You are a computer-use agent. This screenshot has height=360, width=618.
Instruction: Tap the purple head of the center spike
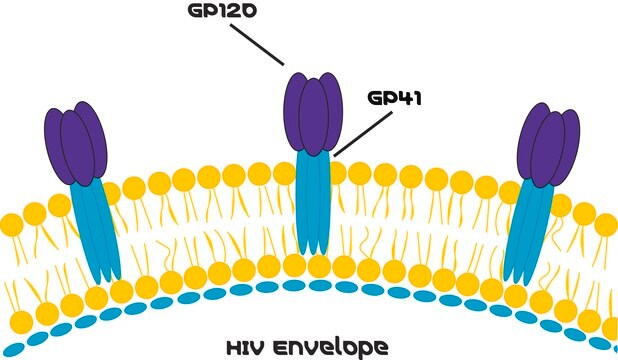click(x=312, y=110)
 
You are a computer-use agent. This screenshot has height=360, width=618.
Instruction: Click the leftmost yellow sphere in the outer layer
click(x=10, y=222)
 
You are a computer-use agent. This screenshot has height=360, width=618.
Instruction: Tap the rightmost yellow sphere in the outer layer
click(x=606, y=224)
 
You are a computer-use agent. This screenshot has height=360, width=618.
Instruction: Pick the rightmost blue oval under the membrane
click(x=606, y=349)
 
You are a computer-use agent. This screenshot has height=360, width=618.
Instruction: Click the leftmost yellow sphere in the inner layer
click(x=22, y=322)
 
